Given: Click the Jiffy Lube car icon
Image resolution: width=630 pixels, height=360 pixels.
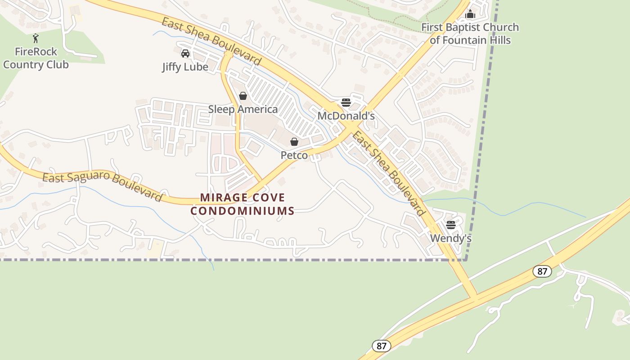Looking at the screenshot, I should (x=185, y=54).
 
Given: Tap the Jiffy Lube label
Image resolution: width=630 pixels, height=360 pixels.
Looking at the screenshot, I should (x=185, y=67).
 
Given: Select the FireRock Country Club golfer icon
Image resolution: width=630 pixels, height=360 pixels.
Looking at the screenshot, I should (x=36, y=38).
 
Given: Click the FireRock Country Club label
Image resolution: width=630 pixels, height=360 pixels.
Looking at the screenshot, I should (x=36, y=58).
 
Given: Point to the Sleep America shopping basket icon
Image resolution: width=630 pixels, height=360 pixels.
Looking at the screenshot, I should (x=243, y=96).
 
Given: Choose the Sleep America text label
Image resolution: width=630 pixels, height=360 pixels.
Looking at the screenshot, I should (x=243, y=109).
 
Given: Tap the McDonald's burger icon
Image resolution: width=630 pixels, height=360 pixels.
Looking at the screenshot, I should (x=346, y=102).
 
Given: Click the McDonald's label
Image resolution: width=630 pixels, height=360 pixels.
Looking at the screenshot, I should (x=346, y=116).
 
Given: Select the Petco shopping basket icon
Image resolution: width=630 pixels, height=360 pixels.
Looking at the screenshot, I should (x=294, y=142).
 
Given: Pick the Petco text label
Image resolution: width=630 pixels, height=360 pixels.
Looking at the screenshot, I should (x=294, y=156).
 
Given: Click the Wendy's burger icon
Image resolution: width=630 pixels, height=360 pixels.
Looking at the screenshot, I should (x=451, y=225).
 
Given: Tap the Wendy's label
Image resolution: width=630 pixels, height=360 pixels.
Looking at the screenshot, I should (x=451, y=238).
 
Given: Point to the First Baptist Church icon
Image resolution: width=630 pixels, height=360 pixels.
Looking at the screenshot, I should (x=470, y=14).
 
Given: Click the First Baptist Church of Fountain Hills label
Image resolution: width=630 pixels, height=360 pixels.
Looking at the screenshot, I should (x=470, y=34).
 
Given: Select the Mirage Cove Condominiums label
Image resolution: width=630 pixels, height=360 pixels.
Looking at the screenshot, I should (x=243, y=204).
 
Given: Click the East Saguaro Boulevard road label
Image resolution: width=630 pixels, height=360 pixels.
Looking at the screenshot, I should (x=102, y=186).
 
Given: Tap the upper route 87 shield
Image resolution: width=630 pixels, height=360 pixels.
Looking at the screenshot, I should (x=542, y=271).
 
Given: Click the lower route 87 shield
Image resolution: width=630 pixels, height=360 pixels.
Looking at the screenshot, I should (x=382, y=346).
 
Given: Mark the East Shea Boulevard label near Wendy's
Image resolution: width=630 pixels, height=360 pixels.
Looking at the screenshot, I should (x=389, y=173).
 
